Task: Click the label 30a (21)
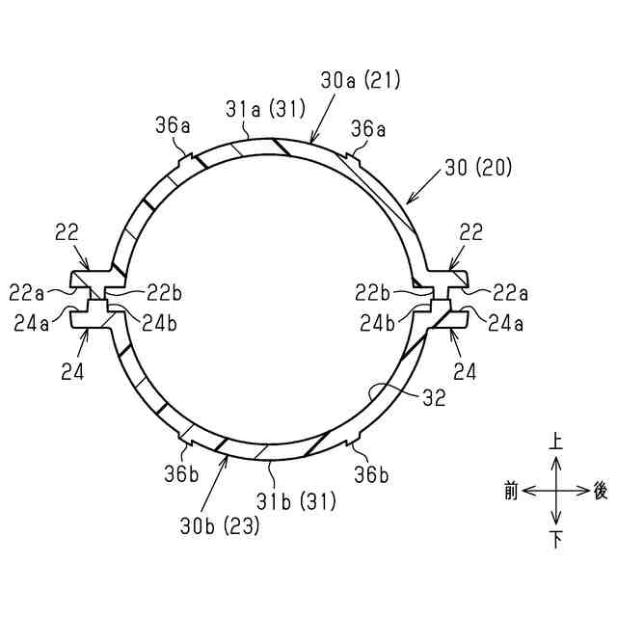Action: pyautogui.click(x=361, y=81)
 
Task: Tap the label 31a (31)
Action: pyautogui.click(x=266, y=109)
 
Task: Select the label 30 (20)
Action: pyautogui.click(x=478, y=168)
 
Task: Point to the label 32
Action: pyautogui.click(x=434, y=398)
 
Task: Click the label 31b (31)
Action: pyautogui.click(x=296, y=501)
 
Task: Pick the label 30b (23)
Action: pyautogui.click(x=220, y=525)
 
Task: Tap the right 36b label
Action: pyautogui.click(x=371, y=475)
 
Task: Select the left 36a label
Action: pyautogui.click(x=173, y=126)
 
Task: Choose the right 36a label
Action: pyautogui.click(x=368, y=129)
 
